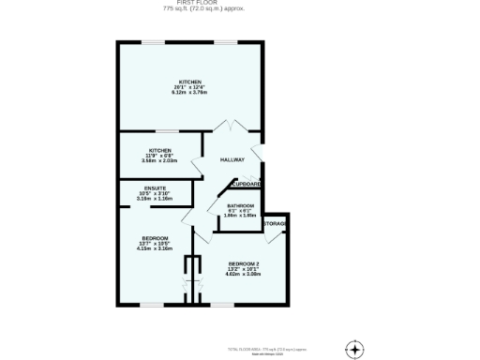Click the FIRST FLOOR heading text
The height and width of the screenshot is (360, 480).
191,3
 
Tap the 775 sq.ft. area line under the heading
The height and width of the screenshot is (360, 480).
191,8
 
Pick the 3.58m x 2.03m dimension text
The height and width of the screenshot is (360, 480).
159,160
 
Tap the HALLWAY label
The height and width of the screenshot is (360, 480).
232,160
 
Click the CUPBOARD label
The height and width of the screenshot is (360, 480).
247,184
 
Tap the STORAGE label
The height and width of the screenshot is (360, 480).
274,224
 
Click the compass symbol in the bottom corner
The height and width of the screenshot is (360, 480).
353,348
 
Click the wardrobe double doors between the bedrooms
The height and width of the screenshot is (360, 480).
193,278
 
